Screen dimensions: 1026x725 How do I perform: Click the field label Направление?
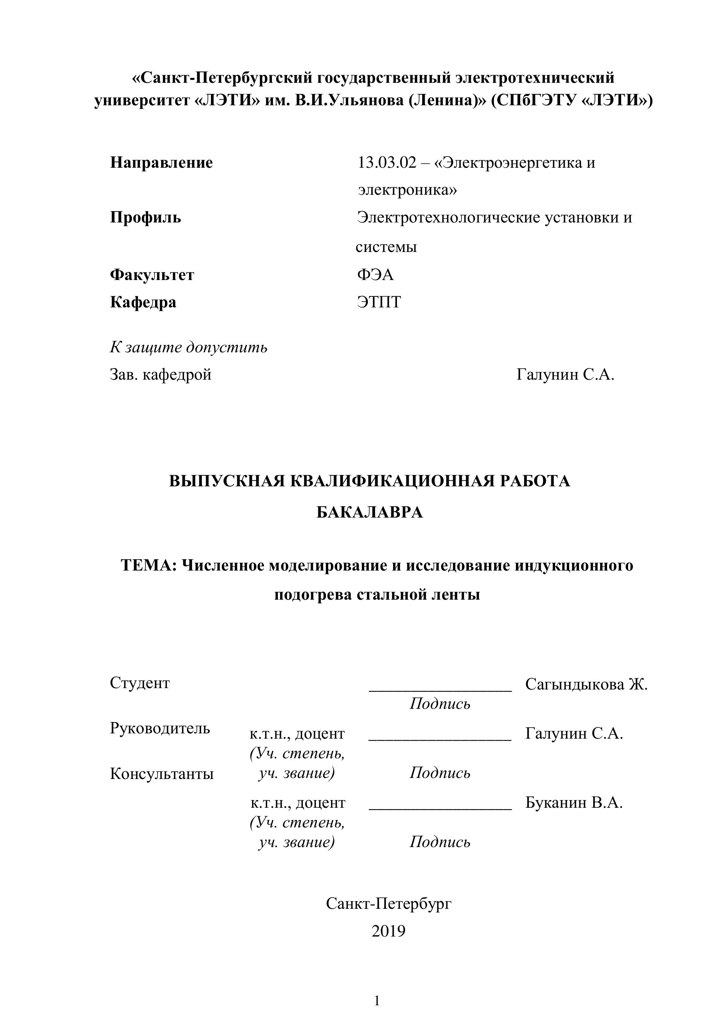pyautogui.click(x=161, y=163)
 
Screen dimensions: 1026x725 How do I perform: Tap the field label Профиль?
pyautogui.click(x=146, y=218)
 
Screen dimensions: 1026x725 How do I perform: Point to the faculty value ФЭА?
pyautogui.click(x=375, y=274)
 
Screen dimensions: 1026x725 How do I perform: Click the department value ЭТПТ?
pyautogui.click(x=379, y=302)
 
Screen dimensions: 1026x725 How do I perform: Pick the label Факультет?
pyautogui.click(x=152, y=274)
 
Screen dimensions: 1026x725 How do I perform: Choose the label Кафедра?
pyautogui.click(x=143, y=302)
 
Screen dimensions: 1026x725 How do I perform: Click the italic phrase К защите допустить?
pyautogui.click(x=189, y=347)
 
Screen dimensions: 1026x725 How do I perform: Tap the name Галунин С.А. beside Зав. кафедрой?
pyautogui.click(x=565, y=374)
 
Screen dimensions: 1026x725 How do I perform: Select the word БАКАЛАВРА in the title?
pyautogui.click(x=370, y=513)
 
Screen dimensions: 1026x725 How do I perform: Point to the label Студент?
pyautogui.click(x=140, y=683)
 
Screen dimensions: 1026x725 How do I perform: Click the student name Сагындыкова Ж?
pyautogui.click(x=586, y=685)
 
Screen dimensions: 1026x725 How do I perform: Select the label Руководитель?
pyautogui.click(x=160, y=728)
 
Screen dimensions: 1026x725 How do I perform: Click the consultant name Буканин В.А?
pyautogui.click(x=574, y=802)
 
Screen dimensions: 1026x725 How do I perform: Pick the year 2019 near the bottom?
pyautogui.click(x=388, y=931)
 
